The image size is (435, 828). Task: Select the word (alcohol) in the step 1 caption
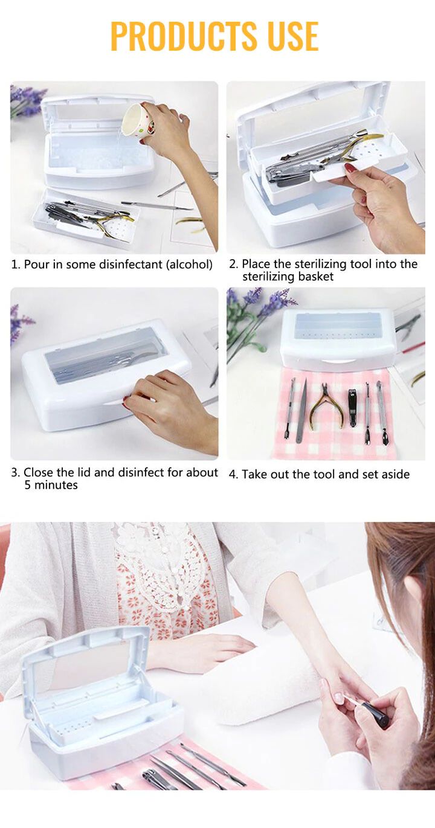[x=189, y=265]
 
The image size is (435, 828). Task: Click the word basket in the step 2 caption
[x=316, y=277]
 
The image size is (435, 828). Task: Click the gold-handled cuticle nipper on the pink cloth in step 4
[x=324, y=407]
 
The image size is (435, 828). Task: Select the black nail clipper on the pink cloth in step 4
[x=353, y=407]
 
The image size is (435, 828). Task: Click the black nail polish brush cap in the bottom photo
[x=376, y=713]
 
